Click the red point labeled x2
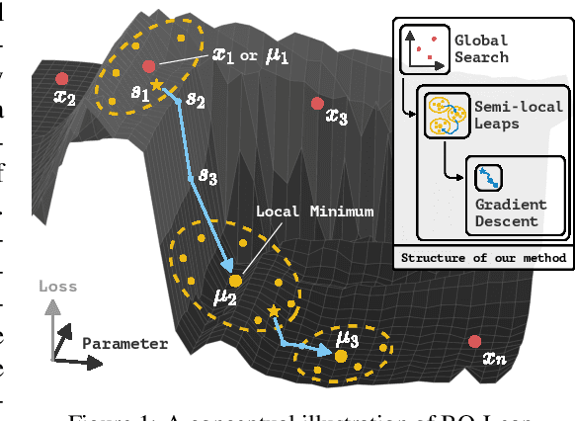pyautogui.click(x=62, y=78)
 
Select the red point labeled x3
pyautogui.click(x=316, y=103)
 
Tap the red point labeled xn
pyautogui.click(x=475, y=342)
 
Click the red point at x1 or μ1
pyautogui.click(x=148, y=66)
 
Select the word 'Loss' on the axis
pyautogui.click(x=57, y=287)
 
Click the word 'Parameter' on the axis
pyautogui.click(x=124, y=343)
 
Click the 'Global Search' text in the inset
pyautogui.click(x=481, y=48)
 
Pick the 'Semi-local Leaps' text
pyautogui.click(x=519, y=116)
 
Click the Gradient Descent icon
pyautogui.click(x=486, y=178)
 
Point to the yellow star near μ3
pyautogui.click(x=274, y=311)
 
